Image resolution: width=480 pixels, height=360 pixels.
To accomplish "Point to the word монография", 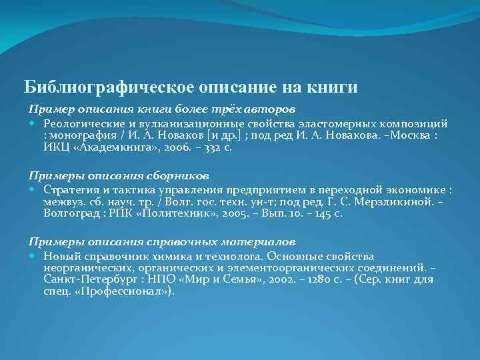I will click(81, 136).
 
